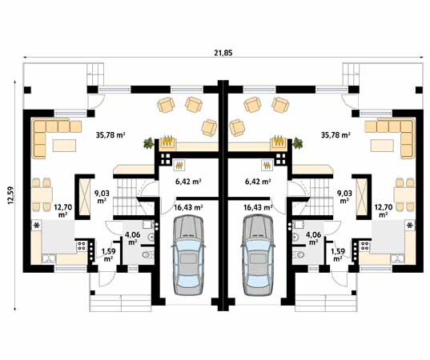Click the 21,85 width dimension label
click(223, 53)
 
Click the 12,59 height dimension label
click(10, 196)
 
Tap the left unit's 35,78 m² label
click(111, 134)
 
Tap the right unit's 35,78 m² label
click(336, 134)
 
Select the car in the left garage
click(188, 254)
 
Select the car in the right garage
click(258, 254)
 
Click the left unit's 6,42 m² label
click(188, 182)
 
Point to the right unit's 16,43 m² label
click(258, 207)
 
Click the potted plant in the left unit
click(149, 143)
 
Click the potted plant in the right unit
click(297, 143)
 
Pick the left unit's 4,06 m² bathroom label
click(132, 238)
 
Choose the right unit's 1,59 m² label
click(338, 254)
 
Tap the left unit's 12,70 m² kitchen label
click(62, 210)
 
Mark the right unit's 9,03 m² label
click(345, 197)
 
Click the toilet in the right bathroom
click(298, 254)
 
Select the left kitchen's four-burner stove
click(82, 246)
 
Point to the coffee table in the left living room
click(64, 146)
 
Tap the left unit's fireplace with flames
click(167, 143)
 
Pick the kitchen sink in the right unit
click(397, 258)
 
